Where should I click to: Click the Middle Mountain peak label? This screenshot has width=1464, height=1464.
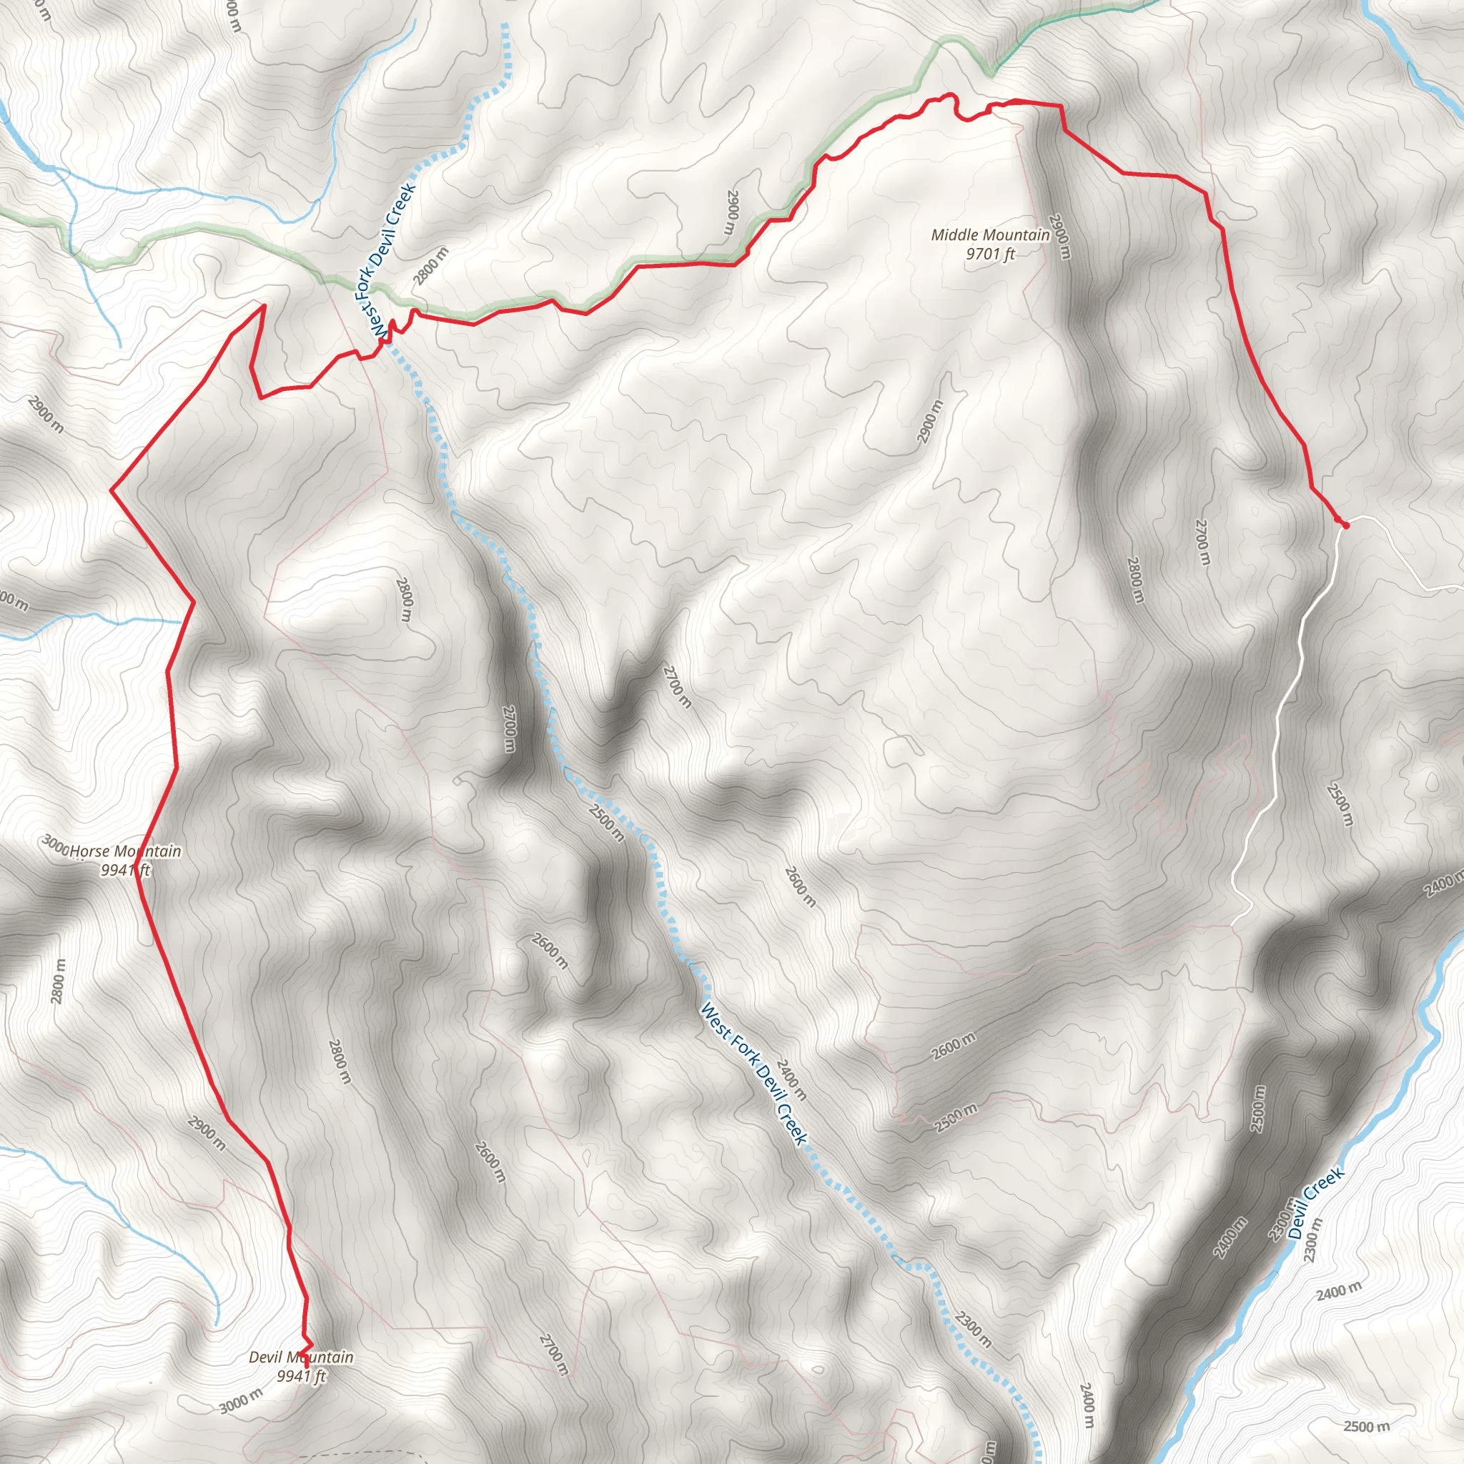[x=989, y=235]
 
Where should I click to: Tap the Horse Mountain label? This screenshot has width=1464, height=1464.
[x=126, y=851]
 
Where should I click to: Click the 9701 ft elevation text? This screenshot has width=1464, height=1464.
[x=989, y=254]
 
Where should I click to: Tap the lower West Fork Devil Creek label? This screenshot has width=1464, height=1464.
[x=754, y=1074]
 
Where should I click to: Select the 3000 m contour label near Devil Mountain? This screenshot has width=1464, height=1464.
[x=241, y=1400]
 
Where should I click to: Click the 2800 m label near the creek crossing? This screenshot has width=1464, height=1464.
[x=430, y=266]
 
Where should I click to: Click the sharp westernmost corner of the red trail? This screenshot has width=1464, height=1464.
[x=112, y=491]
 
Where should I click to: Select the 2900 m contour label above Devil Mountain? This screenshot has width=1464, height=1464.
[x=206, y=1133]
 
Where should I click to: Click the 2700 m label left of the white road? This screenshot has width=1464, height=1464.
[x=1202, y=541]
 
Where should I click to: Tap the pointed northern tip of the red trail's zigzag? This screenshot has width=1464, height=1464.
[x=263, y=306]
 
